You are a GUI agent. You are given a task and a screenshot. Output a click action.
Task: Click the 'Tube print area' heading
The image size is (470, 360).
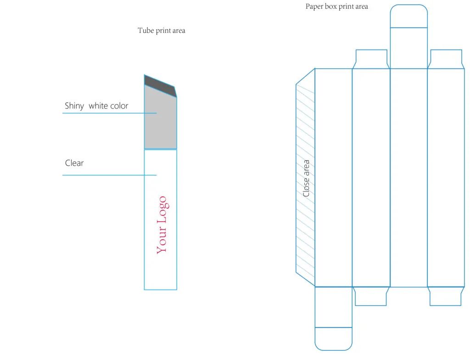[x=161, y=31]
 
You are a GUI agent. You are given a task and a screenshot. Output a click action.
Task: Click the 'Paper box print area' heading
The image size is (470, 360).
[x=336, y=6]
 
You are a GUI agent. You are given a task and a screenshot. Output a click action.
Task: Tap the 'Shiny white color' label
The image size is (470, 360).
[x=96, y=106]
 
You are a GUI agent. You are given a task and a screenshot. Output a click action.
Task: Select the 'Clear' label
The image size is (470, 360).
[x=74, y=163]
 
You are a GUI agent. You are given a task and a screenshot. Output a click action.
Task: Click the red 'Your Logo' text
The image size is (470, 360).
[x=162, y=225]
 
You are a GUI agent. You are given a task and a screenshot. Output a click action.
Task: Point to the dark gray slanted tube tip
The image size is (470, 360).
[x=160, y=86]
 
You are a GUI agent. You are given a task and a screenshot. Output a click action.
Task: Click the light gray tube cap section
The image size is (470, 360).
[x=161, y=120]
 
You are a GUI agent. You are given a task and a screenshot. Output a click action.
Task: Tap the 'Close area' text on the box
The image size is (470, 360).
[x=306, y=179]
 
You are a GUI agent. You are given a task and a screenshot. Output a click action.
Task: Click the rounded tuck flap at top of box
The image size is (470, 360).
[x=409, y=16]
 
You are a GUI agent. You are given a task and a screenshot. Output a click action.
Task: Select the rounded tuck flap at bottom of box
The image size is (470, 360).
[x=333, y=339]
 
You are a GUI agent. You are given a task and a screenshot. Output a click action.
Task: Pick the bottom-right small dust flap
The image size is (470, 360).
[x=446, y=296]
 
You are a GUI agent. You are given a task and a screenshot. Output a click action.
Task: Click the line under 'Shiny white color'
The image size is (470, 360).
[x=109, y=113]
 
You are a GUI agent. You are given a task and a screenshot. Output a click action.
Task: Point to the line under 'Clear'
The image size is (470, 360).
[x=109, y=175]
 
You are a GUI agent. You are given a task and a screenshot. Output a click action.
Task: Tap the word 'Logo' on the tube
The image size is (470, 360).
[x=163, y=210]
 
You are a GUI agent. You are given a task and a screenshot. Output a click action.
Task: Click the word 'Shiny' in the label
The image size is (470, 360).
[x=74, y=106]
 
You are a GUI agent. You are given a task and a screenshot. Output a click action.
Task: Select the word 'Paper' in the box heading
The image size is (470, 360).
[x=314, y=6]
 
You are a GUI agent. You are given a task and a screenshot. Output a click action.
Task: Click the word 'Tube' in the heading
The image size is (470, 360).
[x=145, y=31]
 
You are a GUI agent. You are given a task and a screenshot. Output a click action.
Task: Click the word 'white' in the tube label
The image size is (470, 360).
[x=98, y=106]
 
